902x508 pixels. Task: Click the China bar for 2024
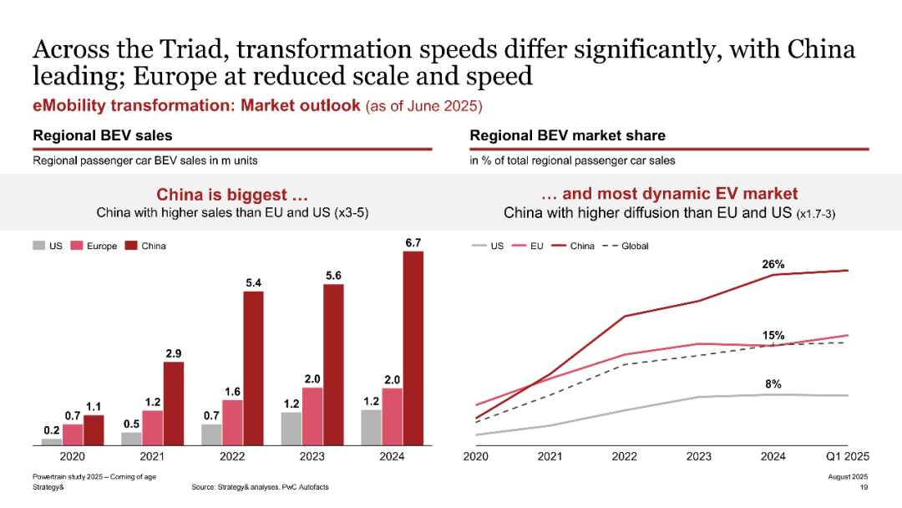pyautogui.click(x=413, y=347)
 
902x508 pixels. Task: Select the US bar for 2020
pyautogui.click(x=52, y=441)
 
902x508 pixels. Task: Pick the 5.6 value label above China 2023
pyautogui.click(x=332, y=275)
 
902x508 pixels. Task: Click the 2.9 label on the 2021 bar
pyautogui.click(x=173, y=352)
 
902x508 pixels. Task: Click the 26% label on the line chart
pyautogui.click(x=773, y=264)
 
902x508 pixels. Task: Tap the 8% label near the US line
pyautogui.click(x=773, y=384)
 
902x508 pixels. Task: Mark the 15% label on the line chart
pyautogui.click(x=773, y=335)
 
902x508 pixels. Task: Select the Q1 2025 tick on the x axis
pyautogui.click(x=847, y=456)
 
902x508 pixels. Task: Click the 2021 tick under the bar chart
pyautogui.click(x=153, y=456)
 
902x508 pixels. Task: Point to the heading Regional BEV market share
pyautogui.click(x=568, y=135)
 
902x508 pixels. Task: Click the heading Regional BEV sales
pyautogui.click(x=103, y=135)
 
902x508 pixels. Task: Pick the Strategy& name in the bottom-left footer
pyautogui.click(x=48, y=487)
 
